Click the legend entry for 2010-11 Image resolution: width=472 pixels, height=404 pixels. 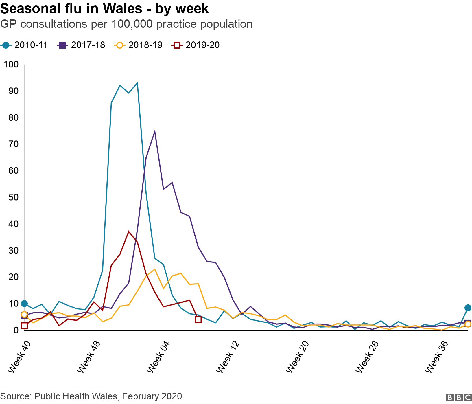(x=24, y=45)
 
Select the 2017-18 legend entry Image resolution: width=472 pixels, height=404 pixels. (x=82, y=45)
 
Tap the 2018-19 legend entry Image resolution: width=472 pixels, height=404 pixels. (x=139, y=45)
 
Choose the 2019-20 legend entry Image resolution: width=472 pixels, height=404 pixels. (x=196, y=45)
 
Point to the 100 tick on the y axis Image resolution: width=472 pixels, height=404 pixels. (x=11, y=65)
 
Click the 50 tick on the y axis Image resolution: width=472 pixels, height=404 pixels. (x=13, y=197)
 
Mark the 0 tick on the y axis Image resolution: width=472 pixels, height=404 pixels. (x=16, y=330)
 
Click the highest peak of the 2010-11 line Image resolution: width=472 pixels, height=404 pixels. (x=137, y=83)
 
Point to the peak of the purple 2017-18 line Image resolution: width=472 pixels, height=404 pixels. (x=155, y=132)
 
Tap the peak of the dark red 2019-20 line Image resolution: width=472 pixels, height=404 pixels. (x=129, y=232)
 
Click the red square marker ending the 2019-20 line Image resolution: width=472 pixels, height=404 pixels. (x=198, y=319)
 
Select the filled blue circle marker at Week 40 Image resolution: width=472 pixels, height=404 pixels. (x=24, y=304)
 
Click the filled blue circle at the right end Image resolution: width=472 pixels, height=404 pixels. (x=468, y=308)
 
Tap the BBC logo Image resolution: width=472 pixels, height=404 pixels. (x=459, y=397)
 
